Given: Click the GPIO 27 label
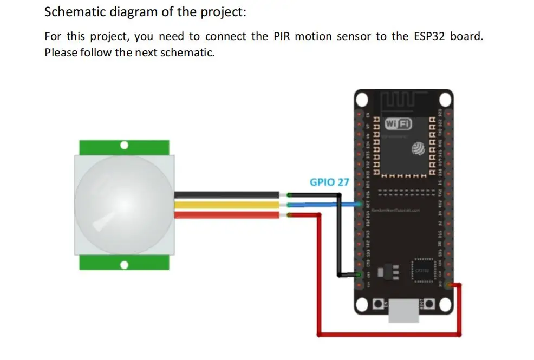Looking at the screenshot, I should tap(329, 182).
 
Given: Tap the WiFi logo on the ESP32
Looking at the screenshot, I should tap(398, 124).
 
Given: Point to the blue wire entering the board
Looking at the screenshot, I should tap(325, 205).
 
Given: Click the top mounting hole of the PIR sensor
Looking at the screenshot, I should tap(125, 146).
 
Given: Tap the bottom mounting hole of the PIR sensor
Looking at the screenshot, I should tap(125, 265).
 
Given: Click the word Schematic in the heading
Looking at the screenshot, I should tap(75, 11).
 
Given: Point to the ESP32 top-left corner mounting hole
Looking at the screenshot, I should tap(363, 100).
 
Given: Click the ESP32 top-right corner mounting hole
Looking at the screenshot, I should tap(445, 100).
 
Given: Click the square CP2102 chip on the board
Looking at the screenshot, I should tap(422, 270).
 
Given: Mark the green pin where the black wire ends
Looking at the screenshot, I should tap(360, 275).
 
